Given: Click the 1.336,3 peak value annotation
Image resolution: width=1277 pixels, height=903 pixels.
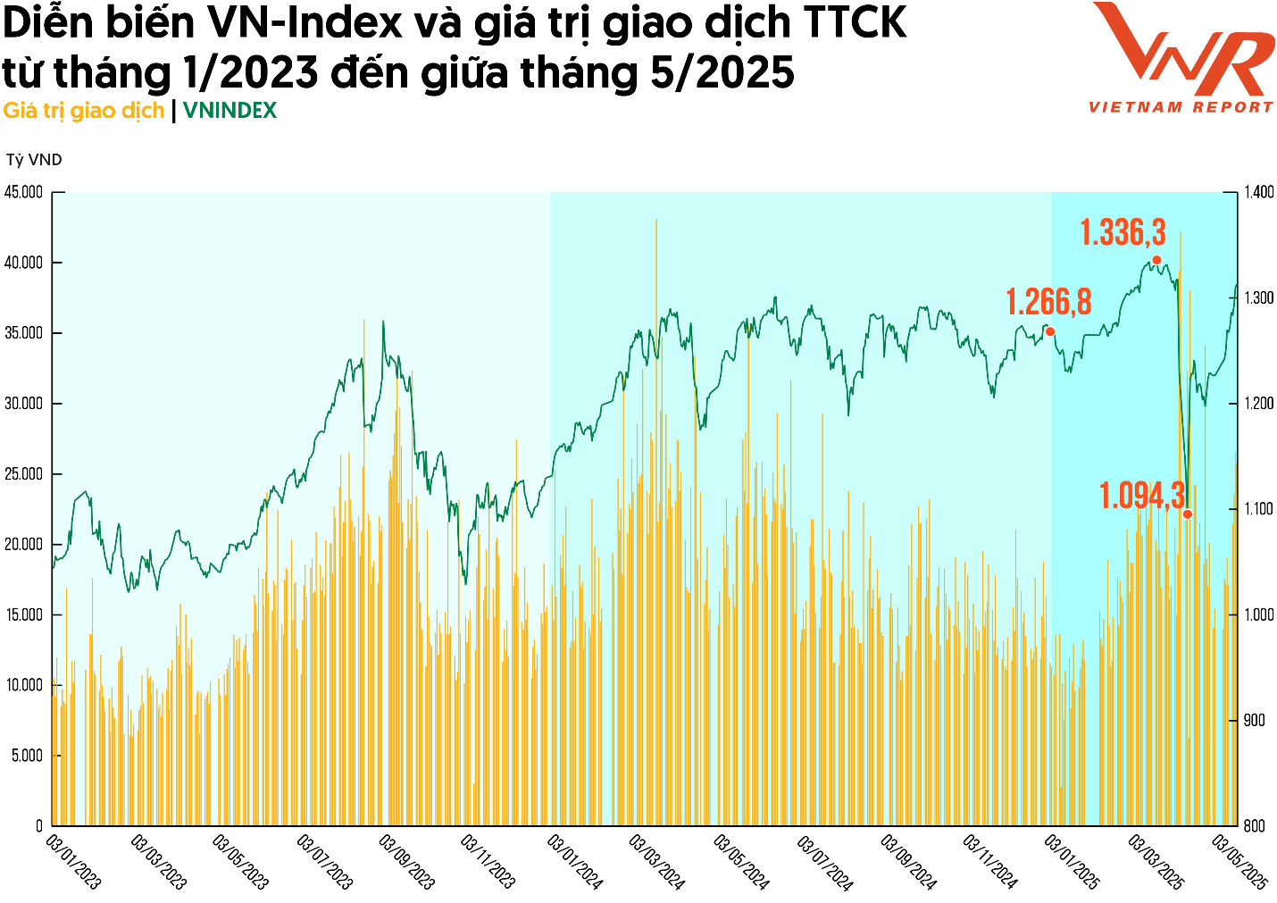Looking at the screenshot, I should (x=1123, y=233).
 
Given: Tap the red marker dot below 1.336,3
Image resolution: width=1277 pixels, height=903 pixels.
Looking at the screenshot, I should (x=1156, y=261).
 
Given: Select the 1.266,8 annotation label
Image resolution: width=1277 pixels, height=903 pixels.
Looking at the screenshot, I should (x=1048, y=302).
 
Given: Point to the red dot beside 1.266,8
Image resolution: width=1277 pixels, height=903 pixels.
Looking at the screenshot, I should (x=1050, y=332).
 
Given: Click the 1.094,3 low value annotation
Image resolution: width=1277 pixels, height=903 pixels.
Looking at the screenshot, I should (x=1141, y=496).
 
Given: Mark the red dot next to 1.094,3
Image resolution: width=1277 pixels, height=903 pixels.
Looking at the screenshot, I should (x=1188, y=514).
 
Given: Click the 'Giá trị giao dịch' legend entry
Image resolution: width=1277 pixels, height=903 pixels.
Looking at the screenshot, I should (x=84, y=111).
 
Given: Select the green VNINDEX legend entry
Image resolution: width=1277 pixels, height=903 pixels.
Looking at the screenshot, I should (x=230, y=111).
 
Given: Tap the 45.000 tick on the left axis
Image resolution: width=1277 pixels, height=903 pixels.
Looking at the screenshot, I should (x=23, y=192).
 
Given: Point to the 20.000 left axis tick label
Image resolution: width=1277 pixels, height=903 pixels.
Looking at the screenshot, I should (x=23, y=544).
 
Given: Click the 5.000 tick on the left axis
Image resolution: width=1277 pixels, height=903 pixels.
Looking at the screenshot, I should (x=27, y=756).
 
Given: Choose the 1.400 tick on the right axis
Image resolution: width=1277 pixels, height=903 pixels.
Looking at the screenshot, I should (x=1259, y=192).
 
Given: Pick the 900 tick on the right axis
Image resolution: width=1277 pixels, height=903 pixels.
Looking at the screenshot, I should (x=1255, y=720).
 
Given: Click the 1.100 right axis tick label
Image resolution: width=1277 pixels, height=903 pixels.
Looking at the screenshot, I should (x=1259, y=509).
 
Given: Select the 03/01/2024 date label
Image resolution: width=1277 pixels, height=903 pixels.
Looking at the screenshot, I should (x=575, y=862).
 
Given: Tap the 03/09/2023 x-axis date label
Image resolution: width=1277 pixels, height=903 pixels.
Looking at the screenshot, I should (x=406, y=862).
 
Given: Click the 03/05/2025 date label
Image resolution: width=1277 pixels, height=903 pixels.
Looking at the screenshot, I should (x=1239, y=862).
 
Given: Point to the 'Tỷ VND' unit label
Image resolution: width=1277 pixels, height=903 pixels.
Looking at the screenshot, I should (x=34, y=160).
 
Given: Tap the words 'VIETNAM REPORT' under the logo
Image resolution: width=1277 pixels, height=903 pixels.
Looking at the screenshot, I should (x=1181, y=107).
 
